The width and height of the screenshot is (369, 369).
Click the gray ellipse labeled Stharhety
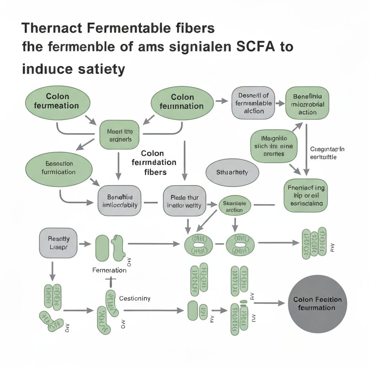tap(232, 172)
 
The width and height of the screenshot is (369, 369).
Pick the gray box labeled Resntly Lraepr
tap(58, 243)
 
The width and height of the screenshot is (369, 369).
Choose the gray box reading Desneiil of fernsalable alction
tap(253, 103)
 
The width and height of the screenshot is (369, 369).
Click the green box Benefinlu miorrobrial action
tap(307, 103)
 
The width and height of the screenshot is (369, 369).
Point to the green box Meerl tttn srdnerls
tap(119, 135)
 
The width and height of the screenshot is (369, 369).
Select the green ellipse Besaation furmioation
tap(58, 168)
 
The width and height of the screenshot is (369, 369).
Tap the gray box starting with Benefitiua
tap(120, 201)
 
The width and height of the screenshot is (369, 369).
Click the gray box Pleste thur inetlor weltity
tap(184, 201)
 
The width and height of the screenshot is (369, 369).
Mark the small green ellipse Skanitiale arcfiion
tap(235, 206)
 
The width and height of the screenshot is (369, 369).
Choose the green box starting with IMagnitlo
tap(274, 146)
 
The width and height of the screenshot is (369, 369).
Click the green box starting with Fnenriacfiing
tap(306, 196)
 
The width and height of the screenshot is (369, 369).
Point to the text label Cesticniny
tap(135, 299)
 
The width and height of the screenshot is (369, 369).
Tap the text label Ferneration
tap(109, 270)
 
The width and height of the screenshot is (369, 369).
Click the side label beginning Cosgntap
tap(327, 153)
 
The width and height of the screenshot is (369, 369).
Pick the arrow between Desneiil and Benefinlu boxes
tap(280, 103)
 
